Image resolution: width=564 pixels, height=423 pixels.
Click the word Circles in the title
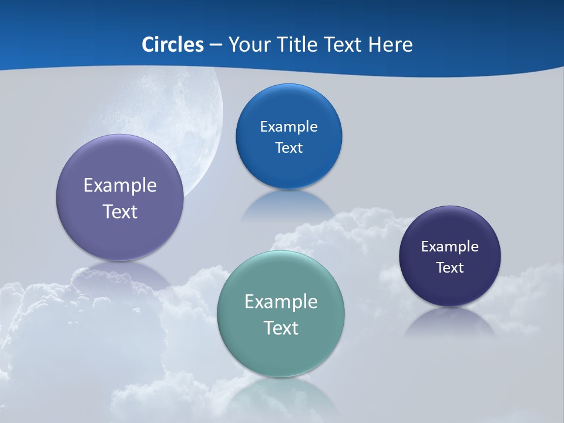click(x=172, y=45)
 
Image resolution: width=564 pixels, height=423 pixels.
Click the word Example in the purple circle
click(x=120, y=185)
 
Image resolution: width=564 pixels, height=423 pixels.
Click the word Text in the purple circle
click(x=120, y=211)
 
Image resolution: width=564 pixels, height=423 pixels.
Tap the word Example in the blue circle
click(x=288, y=126)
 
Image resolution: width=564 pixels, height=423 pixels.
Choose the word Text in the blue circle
click(x=288, y=147)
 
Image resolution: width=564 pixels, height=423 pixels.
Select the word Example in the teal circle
click(x=281, y=301)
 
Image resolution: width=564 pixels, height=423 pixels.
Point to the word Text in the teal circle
click(x=281, y=328)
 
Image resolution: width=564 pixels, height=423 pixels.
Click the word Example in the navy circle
click(x=450, y=246)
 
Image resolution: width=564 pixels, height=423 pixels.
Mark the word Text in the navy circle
click(x=450, y=267)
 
